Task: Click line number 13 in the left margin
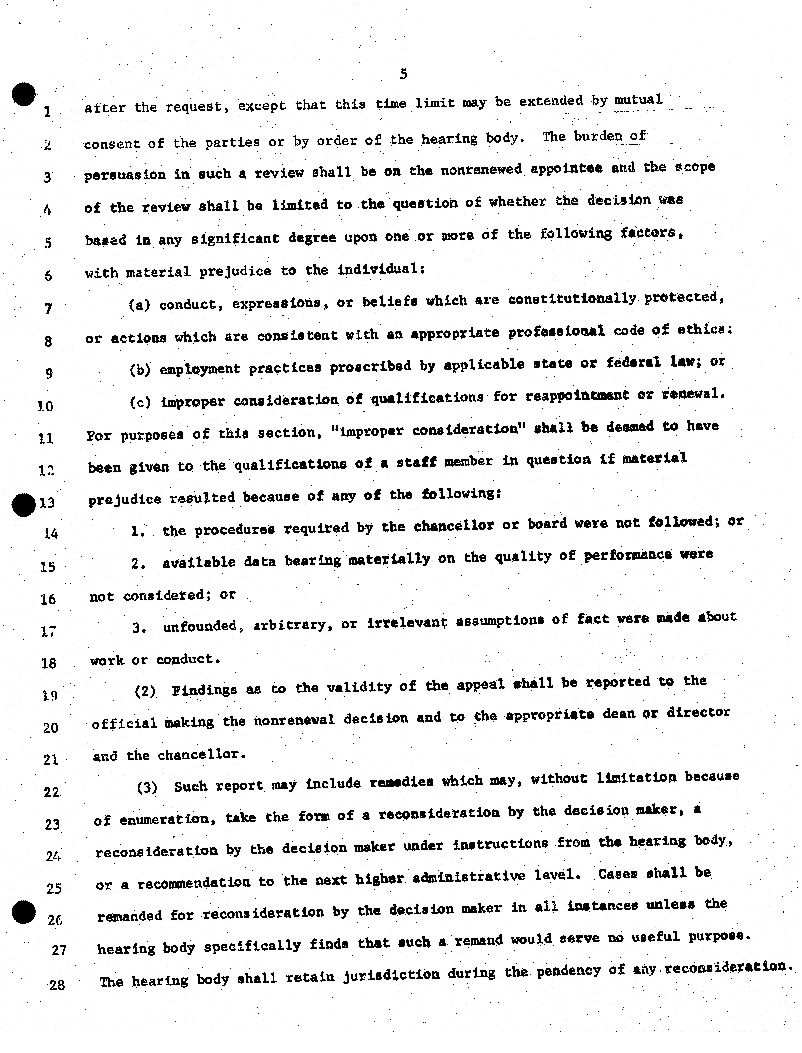pyautogui.click(x=47, y=502)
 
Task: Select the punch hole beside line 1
pyautogui.click(x=24, y=94)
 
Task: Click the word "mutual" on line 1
pyautogui.click(x=638, y=100)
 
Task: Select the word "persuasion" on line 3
pyautogui.click(x=125, y=175)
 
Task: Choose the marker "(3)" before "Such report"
pyautogui.click(x=147, y=787)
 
